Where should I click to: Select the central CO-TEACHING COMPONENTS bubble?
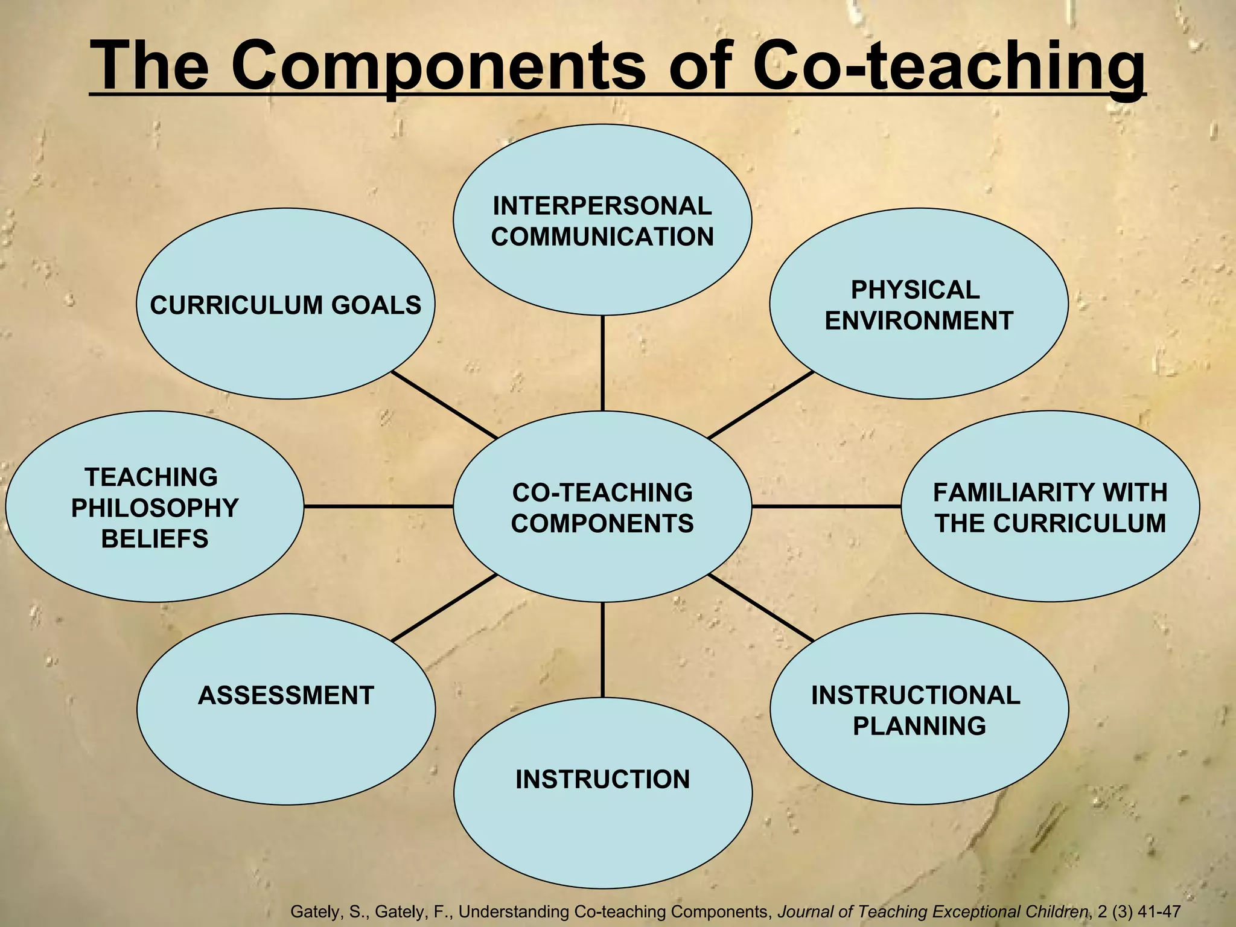pos(602,507)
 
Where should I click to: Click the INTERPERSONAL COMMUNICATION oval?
pos(602,220)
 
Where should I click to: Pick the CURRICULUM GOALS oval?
pos(285,304)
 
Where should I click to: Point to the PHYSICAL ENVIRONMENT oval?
pos(919,304)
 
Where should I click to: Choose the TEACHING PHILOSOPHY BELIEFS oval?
pos(154,507)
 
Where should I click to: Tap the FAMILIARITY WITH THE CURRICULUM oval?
pos(1050,507)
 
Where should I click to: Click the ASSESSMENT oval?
pos(285,709)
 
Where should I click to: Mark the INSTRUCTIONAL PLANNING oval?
pos(919,709)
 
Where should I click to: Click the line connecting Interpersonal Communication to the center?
pos(602,363)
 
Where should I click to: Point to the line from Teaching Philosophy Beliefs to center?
pos(378,506)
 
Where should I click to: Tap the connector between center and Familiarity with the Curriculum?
pos(826,506)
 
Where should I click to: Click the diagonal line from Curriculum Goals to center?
pos(445,405)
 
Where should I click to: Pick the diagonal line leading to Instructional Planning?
pos(761,608)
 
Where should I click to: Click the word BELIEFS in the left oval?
pos(154,539)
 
